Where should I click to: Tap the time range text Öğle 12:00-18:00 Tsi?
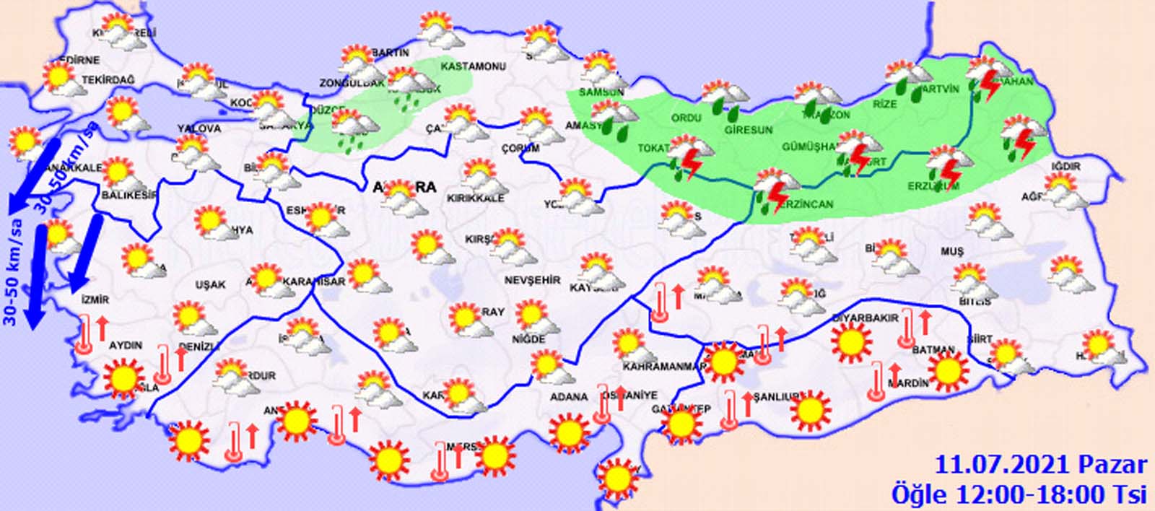tap(1019, 494)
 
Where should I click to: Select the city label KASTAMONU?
tap(473, 66)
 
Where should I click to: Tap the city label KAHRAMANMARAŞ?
tap(664, 366)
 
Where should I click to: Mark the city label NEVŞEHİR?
tap(532, 280)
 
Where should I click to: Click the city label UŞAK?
tap(210, 285)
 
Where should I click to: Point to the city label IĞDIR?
tap(1065, 167)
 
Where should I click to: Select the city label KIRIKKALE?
tap(476, 198)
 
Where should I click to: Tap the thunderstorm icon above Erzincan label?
tap(773, 189)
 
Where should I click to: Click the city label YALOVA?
tap(199, 128)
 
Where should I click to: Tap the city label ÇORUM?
tap(520, 149)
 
